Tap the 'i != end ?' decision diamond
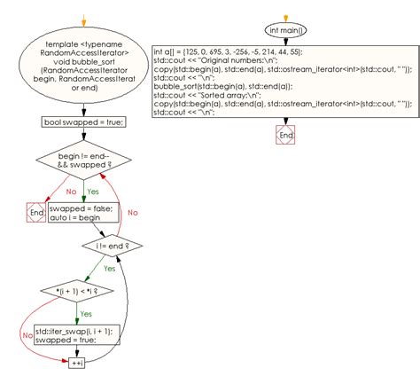(x=112, y=244)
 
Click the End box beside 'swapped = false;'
(x=36, y=213)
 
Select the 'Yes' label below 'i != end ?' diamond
(x=110, y=268)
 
